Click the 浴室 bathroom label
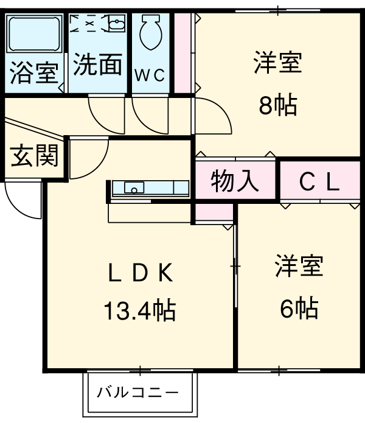tap(34, 73)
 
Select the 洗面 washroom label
tap(97, 65)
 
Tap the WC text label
tap(150, 75)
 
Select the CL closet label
tap(319, 181)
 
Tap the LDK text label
tap(141, 273)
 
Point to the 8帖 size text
tap(277, 106)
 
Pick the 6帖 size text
tap(298, 309)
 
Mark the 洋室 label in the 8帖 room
tap(278, 63)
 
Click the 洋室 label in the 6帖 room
tap(298, 267)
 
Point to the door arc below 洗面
tap(105, 116)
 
